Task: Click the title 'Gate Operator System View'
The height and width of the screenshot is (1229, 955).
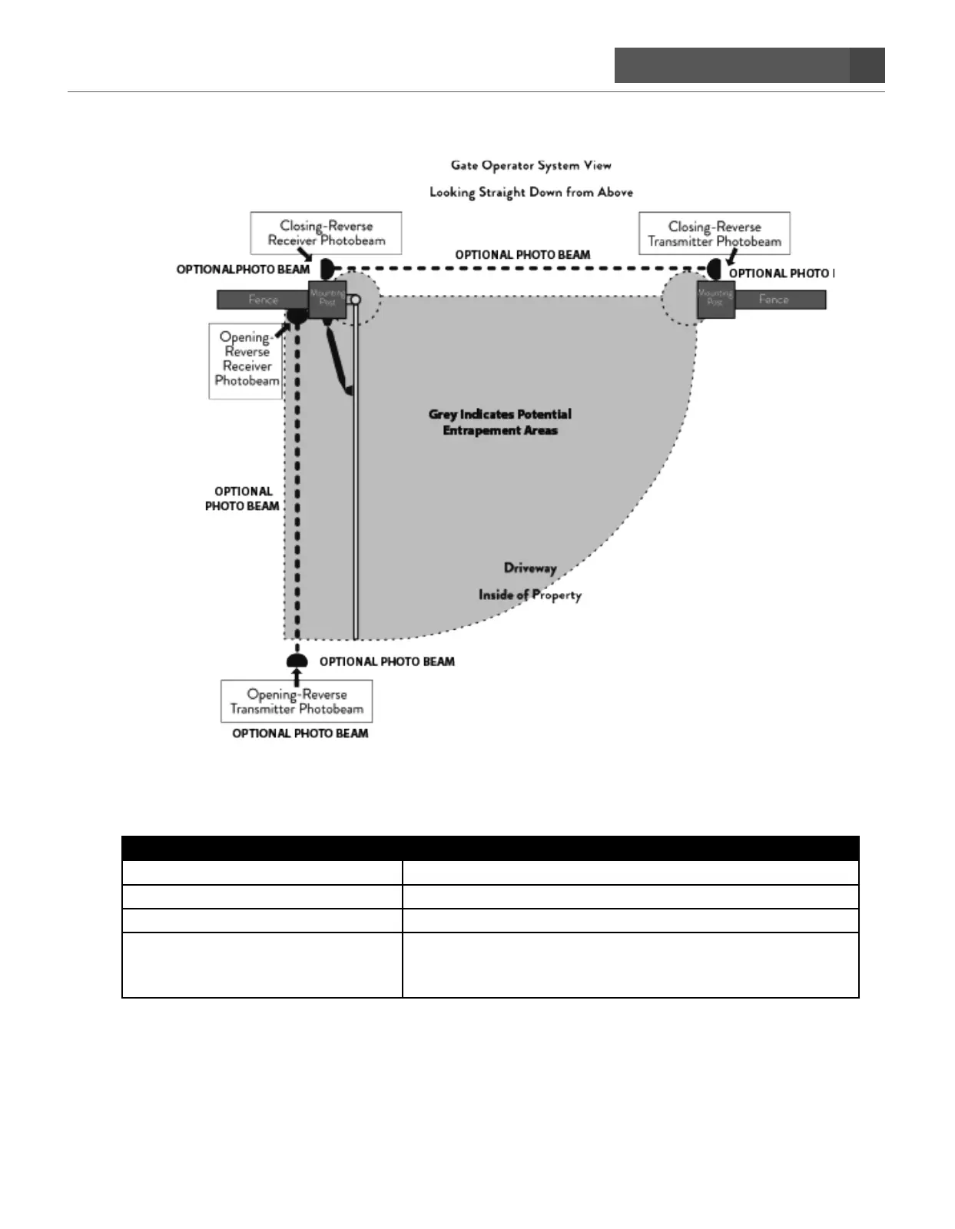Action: tap(531, 165)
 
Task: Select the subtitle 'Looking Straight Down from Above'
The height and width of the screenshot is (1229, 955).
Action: tap(531, 192)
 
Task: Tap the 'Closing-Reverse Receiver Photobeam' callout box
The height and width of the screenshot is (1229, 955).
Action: tap(326, 233)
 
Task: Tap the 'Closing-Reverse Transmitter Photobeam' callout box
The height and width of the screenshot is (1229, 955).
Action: tap(715, 234)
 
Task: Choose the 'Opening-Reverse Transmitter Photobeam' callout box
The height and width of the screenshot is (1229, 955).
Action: tap(297, 701)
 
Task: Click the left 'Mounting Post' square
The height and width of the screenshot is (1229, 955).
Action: tap(327, 298)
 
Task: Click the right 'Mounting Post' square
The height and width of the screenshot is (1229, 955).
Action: tap(715, 299)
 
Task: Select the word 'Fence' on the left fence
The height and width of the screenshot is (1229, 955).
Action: tap(263, 300)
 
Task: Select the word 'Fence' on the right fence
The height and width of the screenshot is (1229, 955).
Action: tap(774, 300)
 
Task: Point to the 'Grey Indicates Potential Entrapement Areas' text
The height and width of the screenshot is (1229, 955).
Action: tap(500, 422)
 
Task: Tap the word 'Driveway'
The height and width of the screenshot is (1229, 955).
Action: tap(530, 568)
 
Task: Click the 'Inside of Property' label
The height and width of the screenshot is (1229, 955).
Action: tap(530, 595)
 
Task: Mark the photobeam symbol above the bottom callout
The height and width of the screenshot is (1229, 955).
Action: tap(297, 661)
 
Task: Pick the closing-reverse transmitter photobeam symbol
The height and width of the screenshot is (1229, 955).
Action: tap(715, 270)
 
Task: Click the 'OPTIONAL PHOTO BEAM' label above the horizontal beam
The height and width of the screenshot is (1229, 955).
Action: tap(522, 255)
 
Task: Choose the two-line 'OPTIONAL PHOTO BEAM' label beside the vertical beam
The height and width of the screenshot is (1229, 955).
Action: tap(242, 499)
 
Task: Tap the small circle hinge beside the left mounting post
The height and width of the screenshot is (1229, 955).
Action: tap(356, 300)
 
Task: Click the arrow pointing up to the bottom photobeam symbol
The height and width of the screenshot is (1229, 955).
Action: tap(297, 674)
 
